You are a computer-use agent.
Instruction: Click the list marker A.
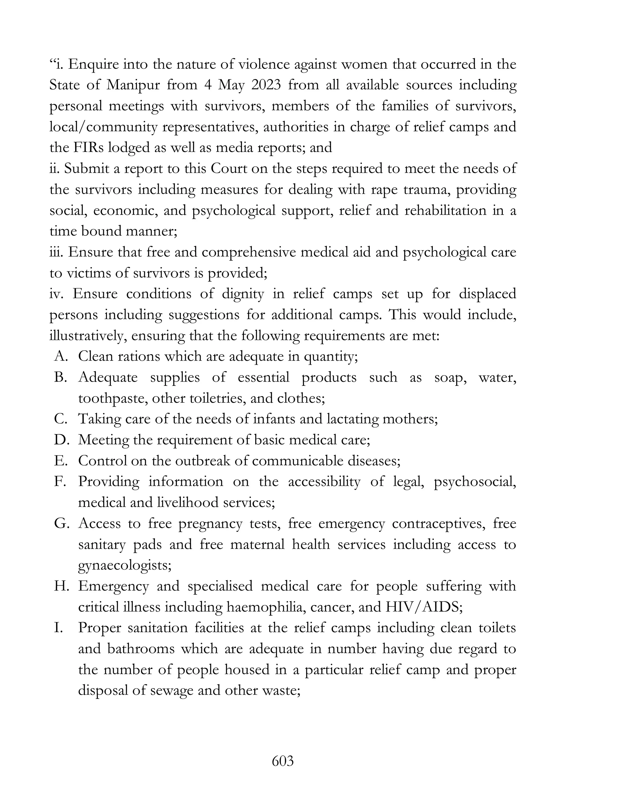click(61, 357)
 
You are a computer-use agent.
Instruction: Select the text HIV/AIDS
click(424, 607)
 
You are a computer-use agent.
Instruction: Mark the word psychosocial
click(475, 482)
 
